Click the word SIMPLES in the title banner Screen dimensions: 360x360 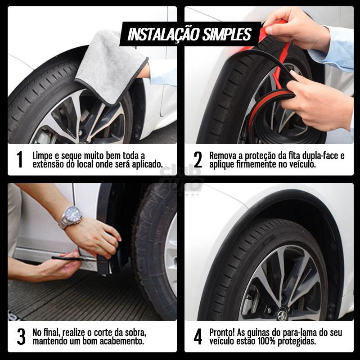pos(227,34)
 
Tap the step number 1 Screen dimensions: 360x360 pos(19,160)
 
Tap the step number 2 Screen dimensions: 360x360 pos(198,160)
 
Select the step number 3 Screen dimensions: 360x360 pos(21,337)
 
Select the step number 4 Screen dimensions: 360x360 pos(198,337)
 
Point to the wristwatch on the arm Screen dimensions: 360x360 pos(72,216)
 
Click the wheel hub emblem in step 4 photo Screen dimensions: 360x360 pos(282,314)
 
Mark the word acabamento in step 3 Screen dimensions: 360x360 pos(121,342)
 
